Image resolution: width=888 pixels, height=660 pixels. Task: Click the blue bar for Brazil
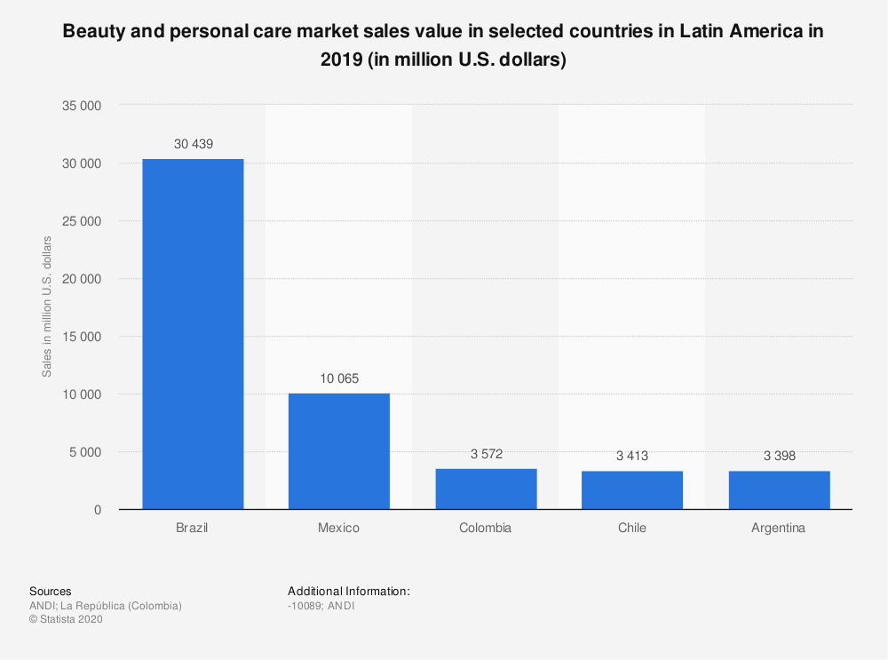193,334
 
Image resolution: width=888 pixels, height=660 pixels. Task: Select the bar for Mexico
338,451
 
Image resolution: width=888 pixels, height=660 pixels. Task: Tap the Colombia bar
486,489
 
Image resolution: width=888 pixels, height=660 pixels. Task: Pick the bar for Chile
632,489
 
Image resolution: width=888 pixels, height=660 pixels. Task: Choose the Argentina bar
779,489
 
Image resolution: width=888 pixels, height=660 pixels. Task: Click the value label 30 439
193,144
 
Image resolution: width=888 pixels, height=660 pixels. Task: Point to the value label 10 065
338,378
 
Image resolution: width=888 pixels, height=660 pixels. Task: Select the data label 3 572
486,454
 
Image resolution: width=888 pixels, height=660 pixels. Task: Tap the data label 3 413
632,456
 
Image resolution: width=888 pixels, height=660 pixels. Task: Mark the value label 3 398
779,456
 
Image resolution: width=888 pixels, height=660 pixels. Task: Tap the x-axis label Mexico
338,528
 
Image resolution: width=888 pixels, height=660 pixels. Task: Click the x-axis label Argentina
779,528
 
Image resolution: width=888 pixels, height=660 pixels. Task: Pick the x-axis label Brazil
193,528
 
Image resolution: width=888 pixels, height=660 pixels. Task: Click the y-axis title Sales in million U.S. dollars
47,306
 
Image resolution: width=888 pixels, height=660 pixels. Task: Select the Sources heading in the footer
51,591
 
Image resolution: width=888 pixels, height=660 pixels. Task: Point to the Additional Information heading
349,591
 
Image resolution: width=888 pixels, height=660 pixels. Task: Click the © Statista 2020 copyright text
67,620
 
